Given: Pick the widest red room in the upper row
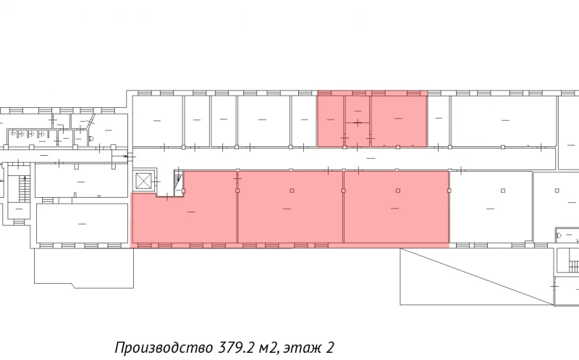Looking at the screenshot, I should pos(398,120).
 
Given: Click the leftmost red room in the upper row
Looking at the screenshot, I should pos(330,120).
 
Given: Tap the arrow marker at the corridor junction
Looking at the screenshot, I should pos(129,156).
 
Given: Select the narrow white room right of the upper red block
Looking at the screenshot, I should pos(438,120).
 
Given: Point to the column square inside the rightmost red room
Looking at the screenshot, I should pos(398,191).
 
